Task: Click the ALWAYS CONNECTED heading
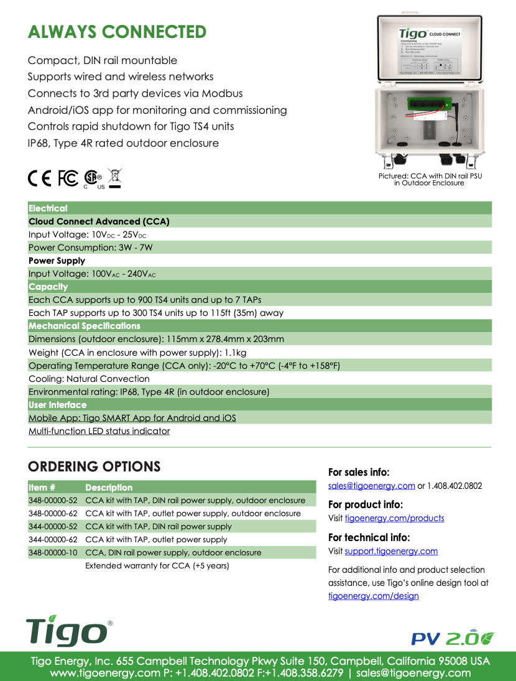click(x=117, y=32)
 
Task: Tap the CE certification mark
click(x=40, y=178)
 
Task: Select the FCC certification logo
click(x=68, y=178)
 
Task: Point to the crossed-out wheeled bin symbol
click(x=114, y=178)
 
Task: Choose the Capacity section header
click(x=48, y=287)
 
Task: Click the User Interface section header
click(x=58, y=405)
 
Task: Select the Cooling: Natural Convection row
click(x=89, y=379)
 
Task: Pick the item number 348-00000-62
click(x=53, y=514)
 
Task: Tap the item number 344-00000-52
click(x=53, y=527)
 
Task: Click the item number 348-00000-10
click(x=53, y=553)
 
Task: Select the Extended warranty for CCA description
click(x=157, y=566)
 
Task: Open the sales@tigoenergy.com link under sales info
click(x=371, y=486)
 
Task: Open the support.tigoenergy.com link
click(x=391, y=552)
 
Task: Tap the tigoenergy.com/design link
click(x=373, y=596)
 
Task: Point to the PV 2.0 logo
click(x=453, y=638)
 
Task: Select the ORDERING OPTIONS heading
click(x=94, y=466)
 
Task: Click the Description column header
click(x=109, y=488)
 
